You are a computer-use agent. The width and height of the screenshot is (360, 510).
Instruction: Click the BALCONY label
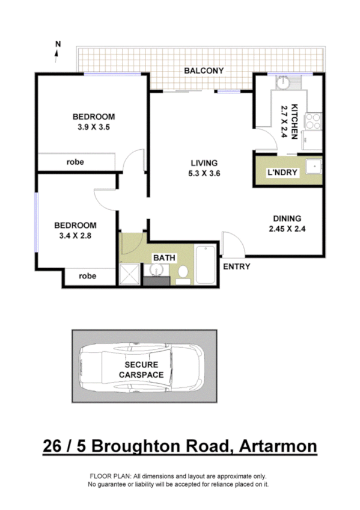click(x=204, y=71)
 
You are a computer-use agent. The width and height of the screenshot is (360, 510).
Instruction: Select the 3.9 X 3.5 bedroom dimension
click(x=94, y=127)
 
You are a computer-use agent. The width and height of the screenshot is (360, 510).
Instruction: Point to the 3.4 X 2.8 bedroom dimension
click(x=75, y=236)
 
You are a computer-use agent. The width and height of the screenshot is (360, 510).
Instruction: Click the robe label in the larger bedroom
click(x=75, y=162)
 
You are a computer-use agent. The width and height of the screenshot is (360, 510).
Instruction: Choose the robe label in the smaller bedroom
click(x=88, y=277)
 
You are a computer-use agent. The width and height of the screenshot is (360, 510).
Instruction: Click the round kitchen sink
click(x=280, y=83)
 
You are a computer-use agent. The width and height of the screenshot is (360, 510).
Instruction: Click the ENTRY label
click(x=236, y=266)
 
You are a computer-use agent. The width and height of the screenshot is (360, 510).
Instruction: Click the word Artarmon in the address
click(x=278, y=447)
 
